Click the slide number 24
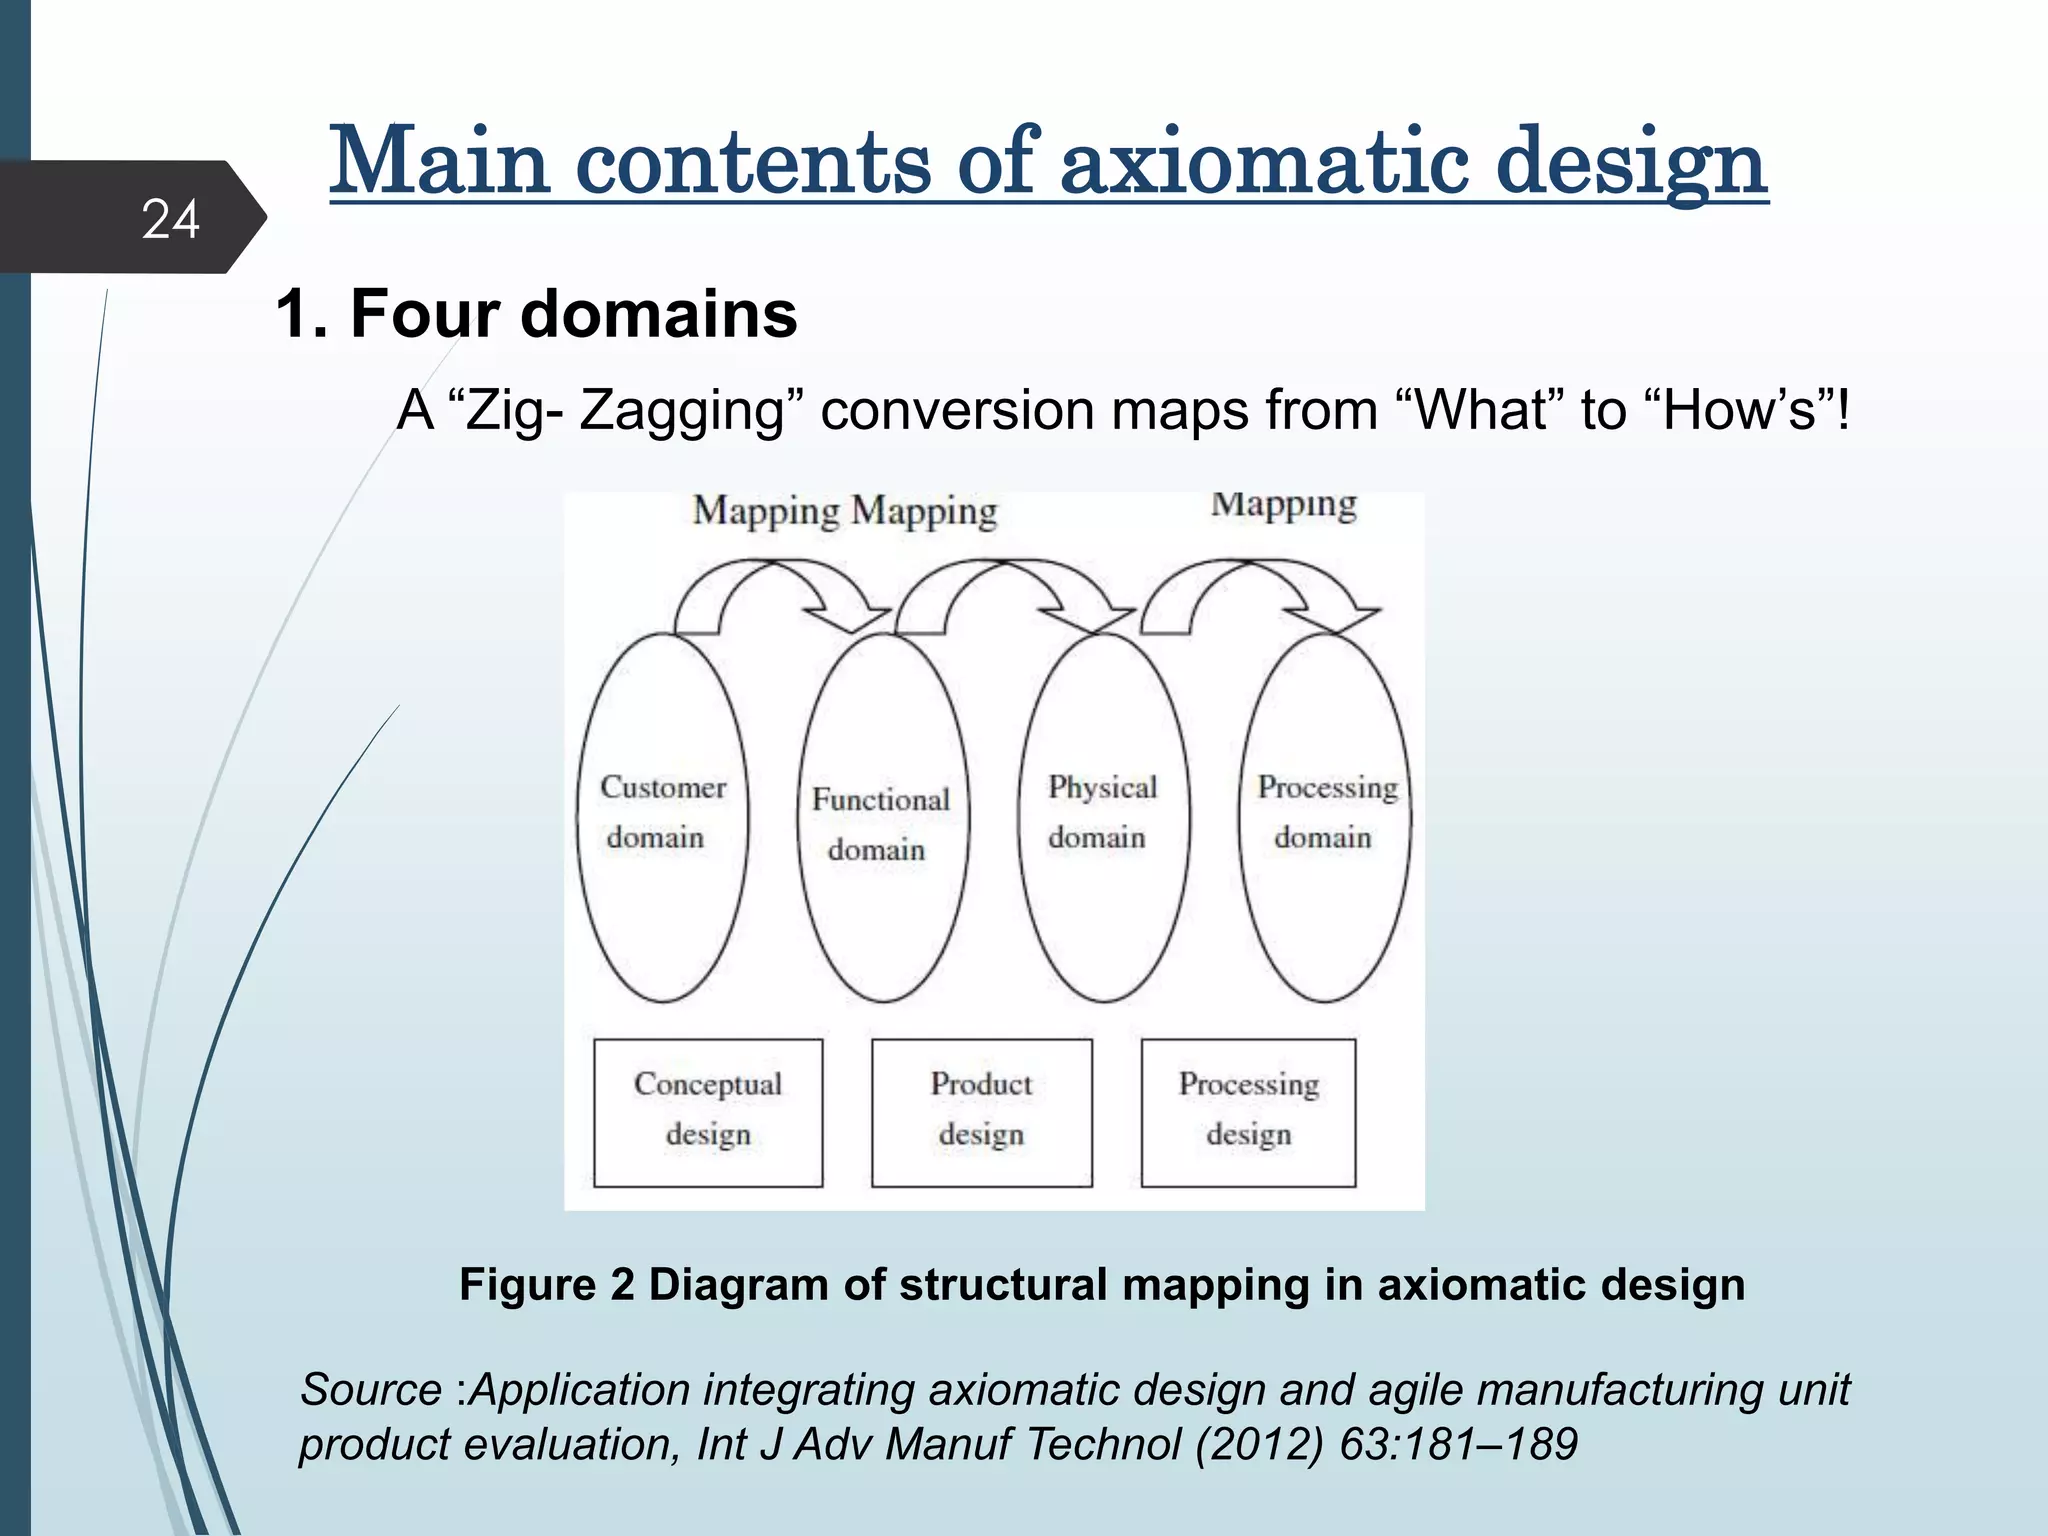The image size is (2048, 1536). [x=170, y=219]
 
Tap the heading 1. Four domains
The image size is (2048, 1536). [x=536, y=314]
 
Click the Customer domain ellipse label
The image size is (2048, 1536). [x=661, y=812]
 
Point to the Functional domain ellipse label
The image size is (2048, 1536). [x=880, y=824]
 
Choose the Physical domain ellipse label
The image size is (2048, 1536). [x=1101, y=812]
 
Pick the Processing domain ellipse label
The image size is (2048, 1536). [x=1326, y=812]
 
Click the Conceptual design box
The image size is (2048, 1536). [x=708, y=1111]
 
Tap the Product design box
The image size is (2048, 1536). [x=981, y=1111]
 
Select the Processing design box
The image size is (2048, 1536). [x=1248, y=1111]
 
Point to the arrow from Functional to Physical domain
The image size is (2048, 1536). [x=1010, y=591]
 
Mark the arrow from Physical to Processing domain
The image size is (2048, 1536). [x=1255, y=591]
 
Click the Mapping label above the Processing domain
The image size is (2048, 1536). [x=1284, y=505]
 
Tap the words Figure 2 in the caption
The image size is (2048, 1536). [x=546, y=1284]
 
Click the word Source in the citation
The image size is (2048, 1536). [x=371, y=1390]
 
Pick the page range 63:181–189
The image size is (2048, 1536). [x=1458, y=1444]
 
